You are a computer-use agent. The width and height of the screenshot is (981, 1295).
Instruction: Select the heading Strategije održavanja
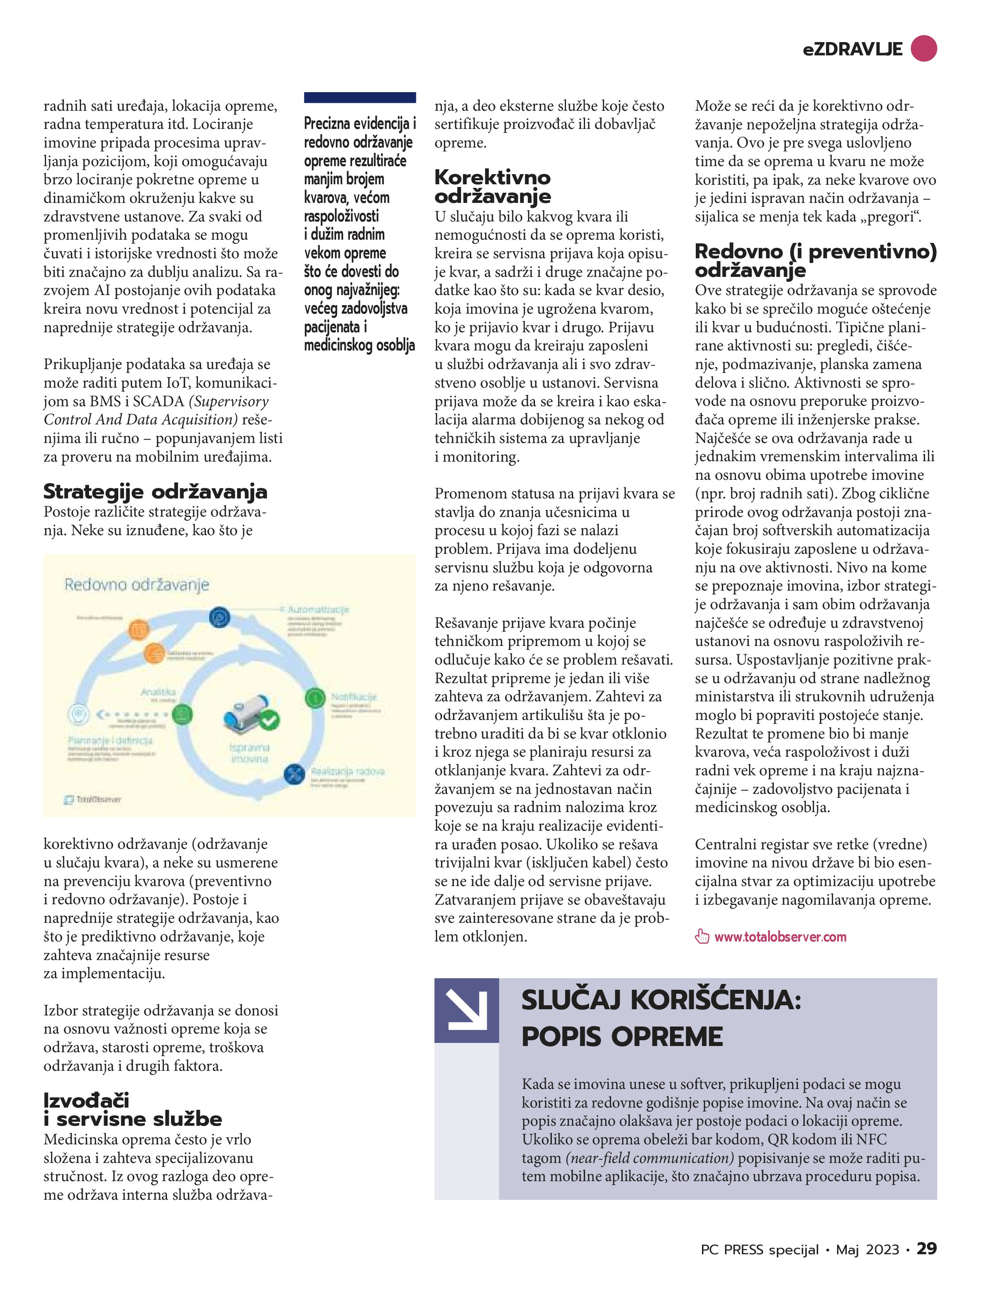coord(155,492)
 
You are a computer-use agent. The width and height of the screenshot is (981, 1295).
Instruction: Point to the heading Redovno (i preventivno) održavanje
coord(815,260)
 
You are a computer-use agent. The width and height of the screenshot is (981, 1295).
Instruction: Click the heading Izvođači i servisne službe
coord(133,1109)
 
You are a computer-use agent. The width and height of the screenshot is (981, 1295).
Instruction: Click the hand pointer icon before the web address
coord(702,937)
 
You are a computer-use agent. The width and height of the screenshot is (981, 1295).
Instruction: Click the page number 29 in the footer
coord(927,1249)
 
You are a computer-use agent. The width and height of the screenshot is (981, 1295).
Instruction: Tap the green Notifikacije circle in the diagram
coord(315,697)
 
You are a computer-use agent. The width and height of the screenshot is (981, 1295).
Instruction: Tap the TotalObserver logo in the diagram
coord(93,799)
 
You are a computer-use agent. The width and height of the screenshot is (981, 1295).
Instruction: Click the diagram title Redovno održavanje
coord(136,584)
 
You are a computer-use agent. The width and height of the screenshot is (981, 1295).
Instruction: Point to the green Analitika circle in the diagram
coord(182,714)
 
